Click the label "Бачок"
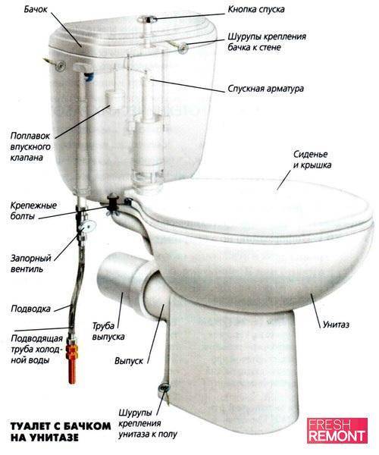point(36,9)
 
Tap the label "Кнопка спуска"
point(256,9)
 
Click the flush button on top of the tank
point(147,20)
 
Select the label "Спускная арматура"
point(265,89)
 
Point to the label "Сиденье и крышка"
point(312,159)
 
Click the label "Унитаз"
point(336,324)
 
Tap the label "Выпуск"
point(129,361)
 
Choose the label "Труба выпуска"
point(108,331)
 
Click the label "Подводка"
point(30,309)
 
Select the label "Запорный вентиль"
point(31,263)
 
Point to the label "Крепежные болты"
point(33,211)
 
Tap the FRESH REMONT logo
point(337,431)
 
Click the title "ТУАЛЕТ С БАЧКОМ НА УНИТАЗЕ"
point(61,431)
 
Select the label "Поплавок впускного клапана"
point(30,147)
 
